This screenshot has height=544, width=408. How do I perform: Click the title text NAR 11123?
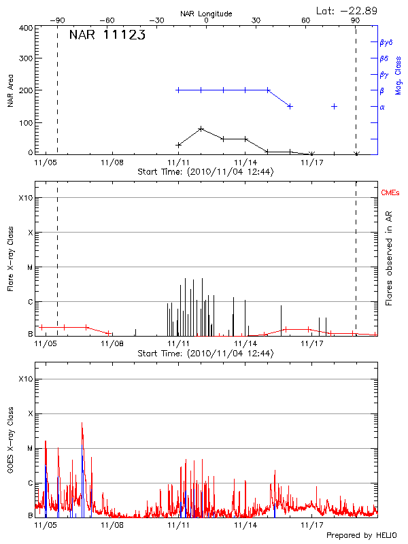[x=107, y=35]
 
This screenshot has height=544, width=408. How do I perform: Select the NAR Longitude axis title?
[x=207, y=13]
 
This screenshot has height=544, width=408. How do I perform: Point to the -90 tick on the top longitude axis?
[x=57, y=21]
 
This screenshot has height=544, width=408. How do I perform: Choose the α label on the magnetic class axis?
[x=382, y=107]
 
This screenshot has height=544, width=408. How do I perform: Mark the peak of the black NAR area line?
[x=201, y=129]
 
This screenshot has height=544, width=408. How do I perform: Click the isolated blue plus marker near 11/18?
[x=334, y=106]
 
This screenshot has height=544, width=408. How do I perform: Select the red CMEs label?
[x=390, y=194]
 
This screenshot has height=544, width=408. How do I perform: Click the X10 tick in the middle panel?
[x=25, y=198]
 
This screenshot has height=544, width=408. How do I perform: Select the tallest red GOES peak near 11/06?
[x=82, y=423]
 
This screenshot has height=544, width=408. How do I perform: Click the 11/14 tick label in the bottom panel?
[x=245, y=525]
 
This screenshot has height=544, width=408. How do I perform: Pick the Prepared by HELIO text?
[x=361, y=536]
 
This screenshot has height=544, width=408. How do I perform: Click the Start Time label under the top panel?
[x=205, y=172]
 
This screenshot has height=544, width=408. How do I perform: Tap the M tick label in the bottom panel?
[x=29, y=449]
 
